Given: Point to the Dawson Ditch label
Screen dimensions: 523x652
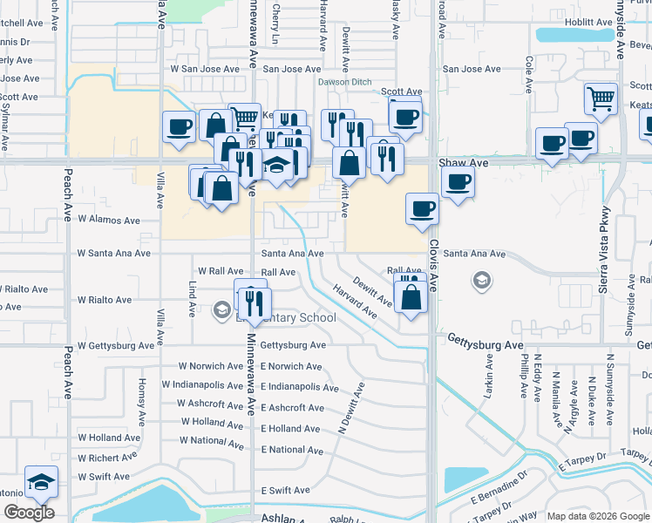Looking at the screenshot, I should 344,81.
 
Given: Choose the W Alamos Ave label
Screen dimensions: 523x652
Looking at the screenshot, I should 109,221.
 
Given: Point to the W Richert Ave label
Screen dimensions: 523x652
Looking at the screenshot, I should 108,456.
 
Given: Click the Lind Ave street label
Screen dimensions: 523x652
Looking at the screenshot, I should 193,299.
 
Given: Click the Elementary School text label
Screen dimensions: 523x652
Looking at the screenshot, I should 292,317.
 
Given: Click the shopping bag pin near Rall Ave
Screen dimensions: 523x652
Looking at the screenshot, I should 410,295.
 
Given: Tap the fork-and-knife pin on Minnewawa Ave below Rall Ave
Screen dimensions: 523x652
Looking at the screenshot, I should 255,302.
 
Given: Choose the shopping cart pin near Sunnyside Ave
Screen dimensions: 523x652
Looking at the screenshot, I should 601,98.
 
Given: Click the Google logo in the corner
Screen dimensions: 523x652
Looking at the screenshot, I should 28,512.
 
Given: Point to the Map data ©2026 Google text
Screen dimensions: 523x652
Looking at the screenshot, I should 598,516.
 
